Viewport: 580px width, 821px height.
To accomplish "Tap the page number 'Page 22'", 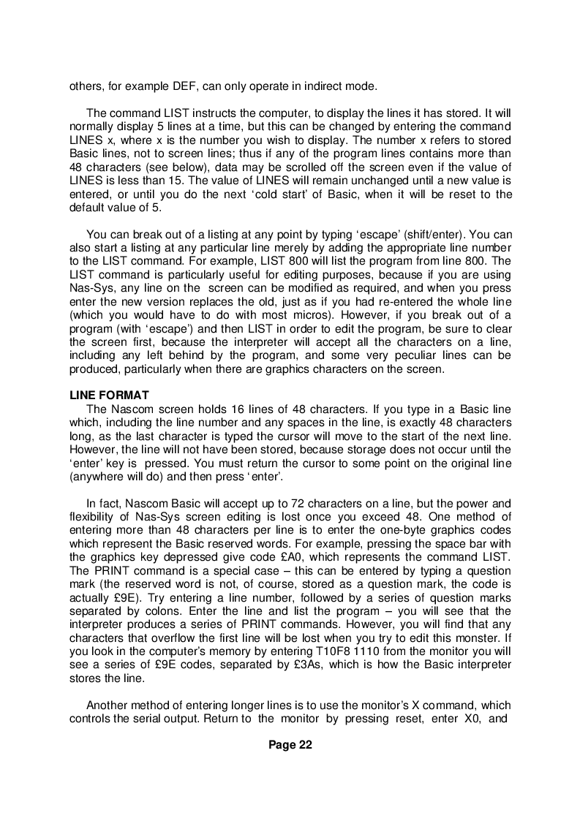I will [290, 745].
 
